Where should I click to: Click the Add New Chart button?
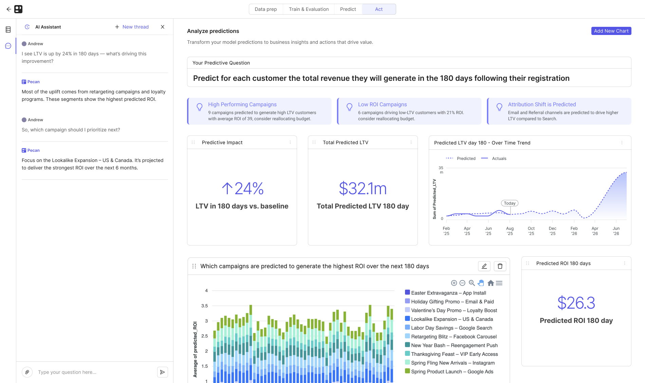[x=611, y=31]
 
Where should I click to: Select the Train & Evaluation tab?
[x=309, y=9]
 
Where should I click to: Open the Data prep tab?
[x=265, y=9]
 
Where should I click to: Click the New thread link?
[x=132, y=27]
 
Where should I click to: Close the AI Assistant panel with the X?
[x=163, y=27]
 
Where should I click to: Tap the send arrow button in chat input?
[x=163, y=372]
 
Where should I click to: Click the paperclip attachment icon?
[x=27, y=372]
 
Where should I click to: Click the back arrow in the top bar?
[x=9, y=9]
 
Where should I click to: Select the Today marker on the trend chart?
[x=510, y=203]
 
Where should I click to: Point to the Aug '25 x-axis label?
[x=510, y=231]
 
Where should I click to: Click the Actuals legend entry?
[x=499, y=159]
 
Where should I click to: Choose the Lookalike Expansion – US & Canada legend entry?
[x=452, y=319]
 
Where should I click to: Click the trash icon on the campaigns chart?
[x=500, y=266]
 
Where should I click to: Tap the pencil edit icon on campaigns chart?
[x=484, y=266]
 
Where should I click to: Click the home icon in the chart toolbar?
[x=491, y=283]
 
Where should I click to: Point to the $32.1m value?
[x=363, y=189]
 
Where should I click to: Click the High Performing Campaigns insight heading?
[x=242, y=105]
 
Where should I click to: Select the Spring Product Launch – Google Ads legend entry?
[x=452, y=371]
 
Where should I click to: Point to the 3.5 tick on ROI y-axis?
[x=204, y=306]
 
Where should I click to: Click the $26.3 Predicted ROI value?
[x=576, y=303]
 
